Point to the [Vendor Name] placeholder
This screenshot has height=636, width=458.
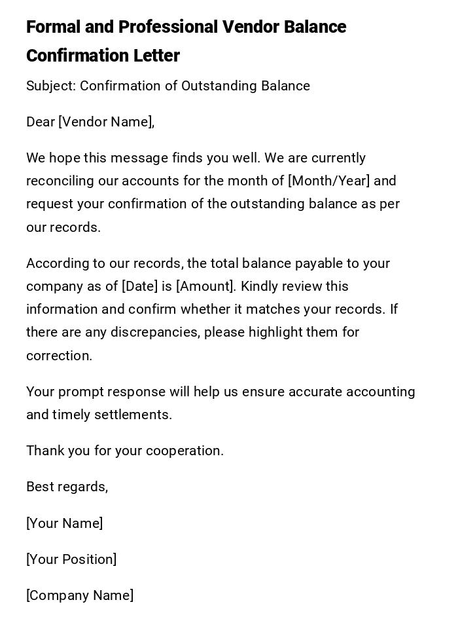click(x=105, y=122)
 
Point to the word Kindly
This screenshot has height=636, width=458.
click(x=260, y=287)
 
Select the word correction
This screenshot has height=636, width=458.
click(x=59, y=356)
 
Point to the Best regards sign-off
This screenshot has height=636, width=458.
click(x=67, y=487)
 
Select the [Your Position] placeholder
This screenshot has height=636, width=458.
click(x=71, y=560)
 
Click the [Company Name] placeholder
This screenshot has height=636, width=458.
click(x=80, y=596)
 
